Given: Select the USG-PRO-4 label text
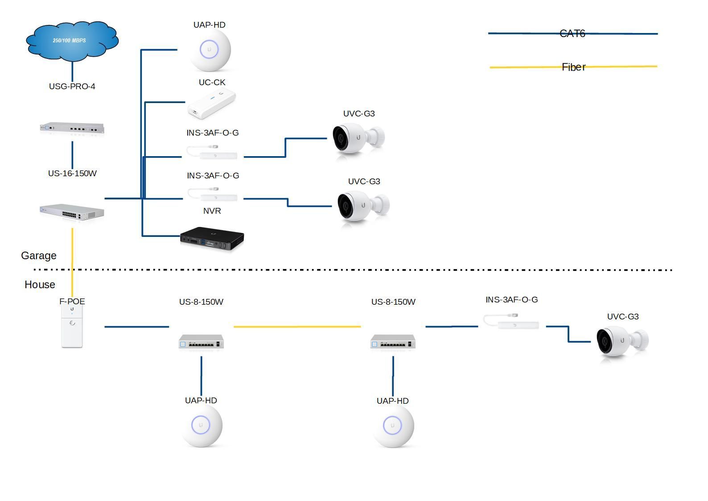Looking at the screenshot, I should (x=72, y=87).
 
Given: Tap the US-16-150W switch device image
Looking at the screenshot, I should (x=72, y=212).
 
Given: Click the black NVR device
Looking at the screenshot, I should (x=212, y=239).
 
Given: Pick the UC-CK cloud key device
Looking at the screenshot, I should (x=211, y=105).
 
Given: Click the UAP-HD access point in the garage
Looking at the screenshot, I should (x=210, y=50).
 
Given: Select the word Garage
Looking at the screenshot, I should (x=39, y=256).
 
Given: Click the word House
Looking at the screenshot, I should (x=40, y=285).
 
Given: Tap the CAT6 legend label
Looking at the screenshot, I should (x=572, y=33).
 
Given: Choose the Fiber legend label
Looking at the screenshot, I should (x=573, y=67).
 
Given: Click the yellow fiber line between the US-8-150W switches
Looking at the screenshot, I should (x=297, y=327).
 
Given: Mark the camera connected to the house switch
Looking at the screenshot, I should (x=622, y=341).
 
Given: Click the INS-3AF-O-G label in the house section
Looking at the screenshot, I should (x=511, y=300).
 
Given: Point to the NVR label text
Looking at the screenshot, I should (x=212, y=211).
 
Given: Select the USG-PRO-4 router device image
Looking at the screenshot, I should (x=72, y=128).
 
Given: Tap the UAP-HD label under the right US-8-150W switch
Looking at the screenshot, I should (x=392, y=401).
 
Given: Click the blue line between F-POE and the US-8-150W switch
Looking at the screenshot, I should (x=136, y=327).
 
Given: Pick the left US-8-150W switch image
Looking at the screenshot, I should (x=201, y=342).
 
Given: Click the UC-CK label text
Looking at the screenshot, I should (x=212, y=83).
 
